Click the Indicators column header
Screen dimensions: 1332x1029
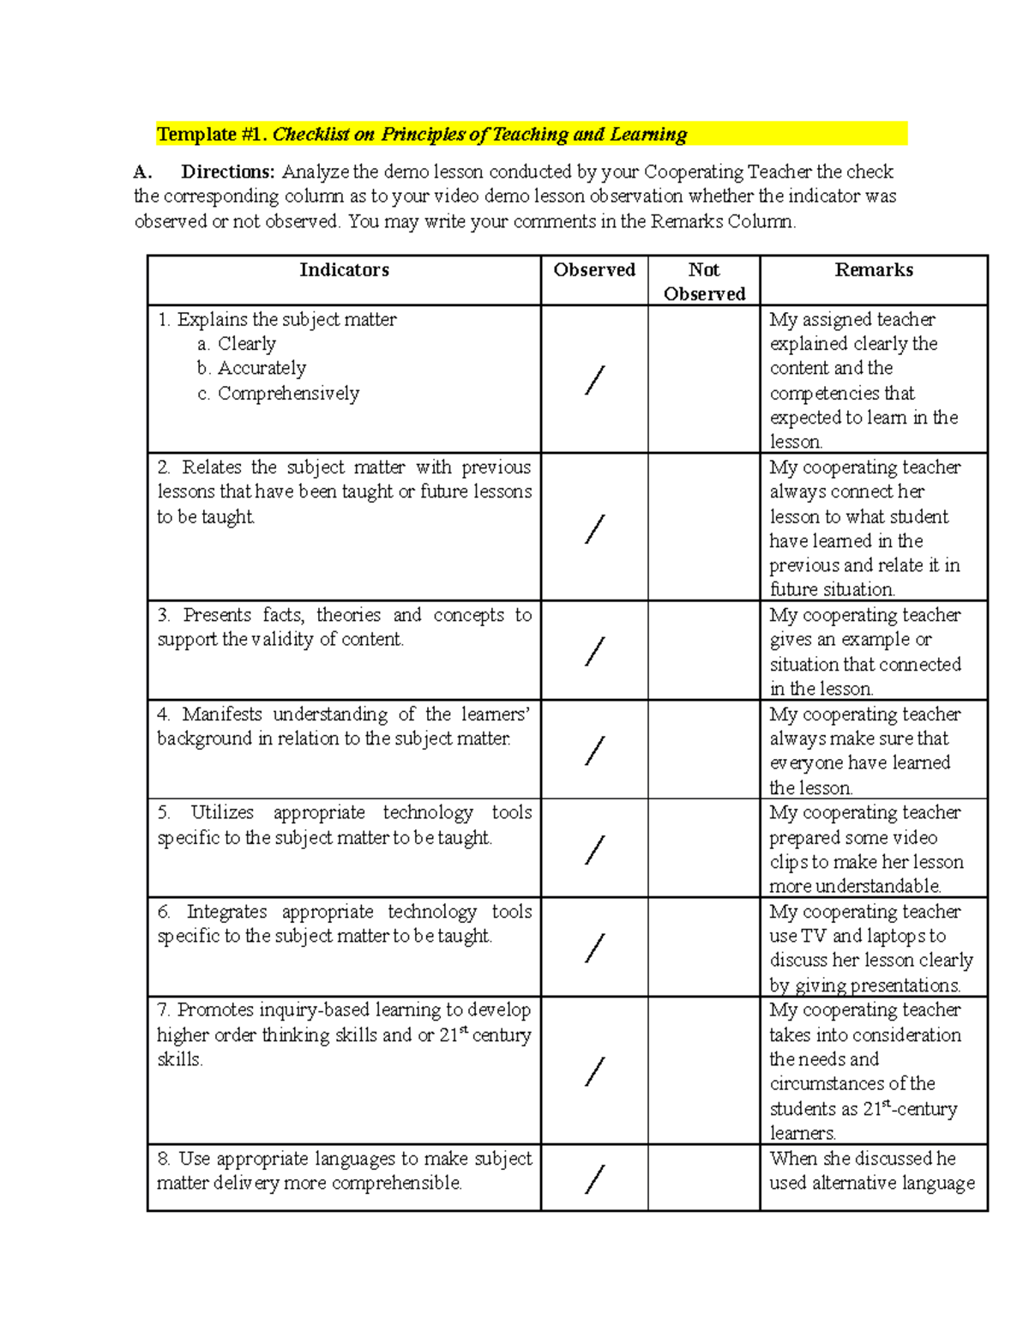point(344,270)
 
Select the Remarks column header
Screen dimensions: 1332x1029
point(873,270)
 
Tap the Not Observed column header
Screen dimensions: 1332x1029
point(704,281)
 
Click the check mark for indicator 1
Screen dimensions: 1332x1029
point(594,380)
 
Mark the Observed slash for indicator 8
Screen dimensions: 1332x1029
point(594,1179)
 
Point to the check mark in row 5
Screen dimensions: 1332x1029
point(594,850)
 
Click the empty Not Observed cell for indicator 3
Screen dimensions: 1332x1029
point(703,650)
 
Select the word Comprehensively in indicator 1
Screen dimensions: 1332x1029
point(288,394)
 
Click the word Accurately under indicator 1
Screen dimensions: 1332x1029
point(262,369)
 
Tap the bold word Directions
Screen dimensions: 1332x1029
point(227,172)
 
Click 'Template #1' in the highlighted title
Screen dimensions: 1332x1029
point(211,135)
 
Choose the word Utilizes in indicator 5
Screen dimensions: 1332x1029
point(221,812)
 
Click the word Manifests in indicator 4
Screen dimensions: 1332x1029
point(222,714)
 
